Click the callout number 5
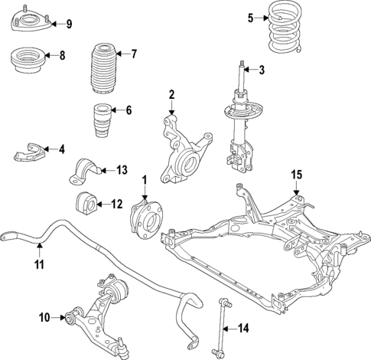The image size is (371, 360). tap(250, 17)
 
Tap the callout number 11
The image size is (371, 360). tap(39, 265)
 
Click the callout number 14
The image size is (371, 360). tap(242, 329)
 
